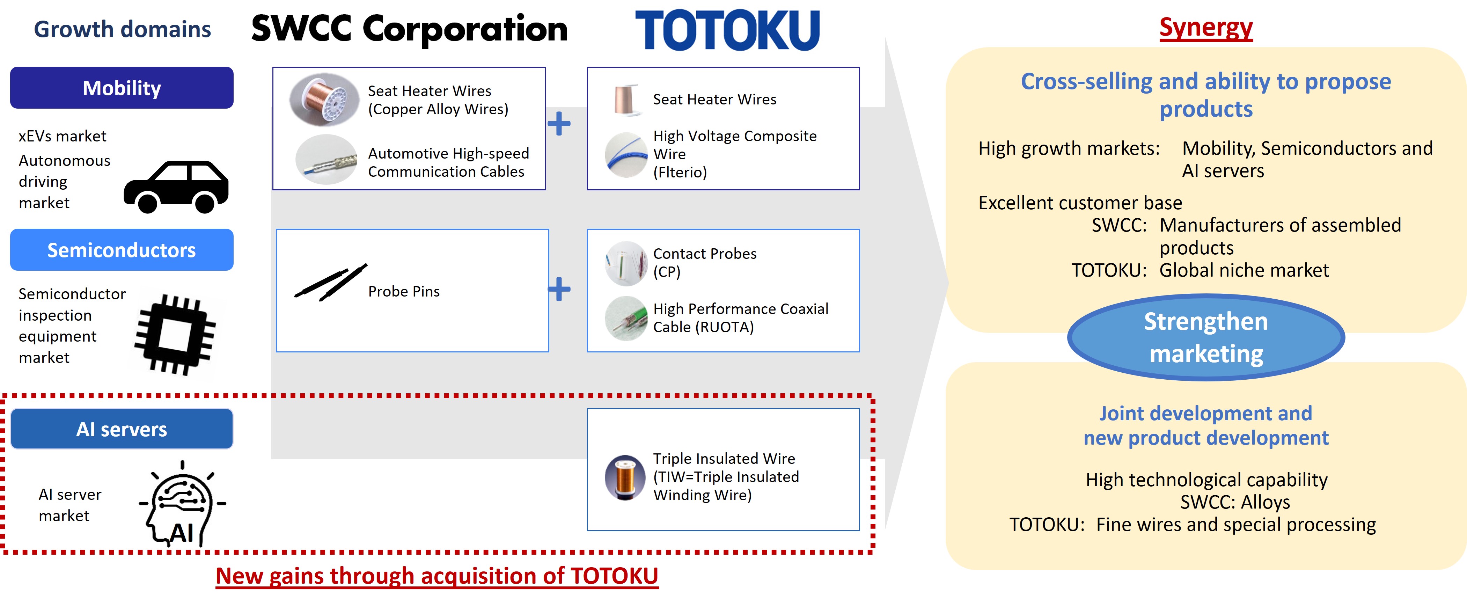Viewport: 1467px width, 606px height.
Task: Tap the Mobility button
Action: pyautogui.click(x=122, y=88)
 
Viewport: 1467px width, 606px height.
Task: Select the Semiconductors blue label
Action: pyautogui.click(x=122, y=250)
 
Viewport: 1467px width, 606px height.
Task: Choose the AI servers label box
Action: pyautogui.click(x=122, y=429)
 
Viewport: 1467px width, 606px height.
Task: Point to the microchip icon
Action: pyautogui.click(x=175, y=334)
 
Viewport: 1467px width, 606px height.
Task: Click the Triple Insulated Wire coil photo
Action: pyautogui.click(x=625, y=477)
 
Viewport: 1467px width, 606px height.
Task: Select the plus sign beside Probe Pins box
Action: pyautogui.click(x=559, y=289)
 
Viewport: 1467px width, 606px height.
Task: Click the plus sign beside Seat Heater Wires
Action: pyautogui.click(x=559, y=124)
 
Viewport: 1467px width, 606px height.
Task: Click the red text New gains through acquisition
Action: pyautogui.click(x=437, y=576)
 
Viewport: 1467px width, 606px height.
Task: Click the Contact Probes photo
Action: pyautogui.click(x=626, y=263)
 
